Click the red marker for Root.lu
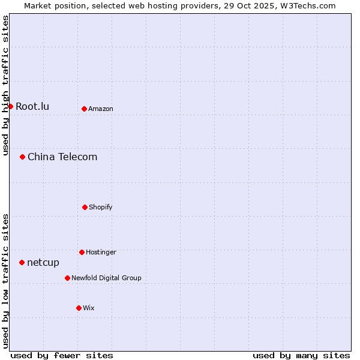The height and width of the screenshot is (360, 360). pos(10,106)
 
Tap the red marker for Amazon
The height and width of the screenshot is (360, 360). pos(84,109)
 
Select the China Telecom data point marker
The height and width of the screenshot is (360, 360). pos(22,157)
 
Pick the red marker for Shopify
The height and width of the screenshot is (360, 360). pos(85,207)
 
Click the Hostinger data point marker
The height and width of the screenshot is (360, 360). pos(82,252)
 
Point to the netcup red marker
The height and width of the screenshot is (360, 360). pos(22,262)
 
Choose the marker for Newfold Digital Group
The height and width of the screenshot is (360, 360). pos(67,278)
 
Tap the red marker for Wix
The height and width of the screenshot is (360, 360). pos(79,308)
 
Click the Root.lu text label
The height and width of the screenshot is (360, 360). pos(32,107)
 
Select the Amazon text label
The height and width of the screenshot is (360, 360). pos(101,109)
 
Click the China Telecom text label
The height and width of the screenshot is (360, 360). pos(62,157)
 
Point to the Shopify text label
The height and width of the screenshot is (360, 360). pos(101,208)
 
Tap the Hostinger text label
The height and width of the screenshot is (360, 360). pos(101,253)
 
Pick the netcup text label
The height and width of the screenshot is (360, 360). pos(43,263)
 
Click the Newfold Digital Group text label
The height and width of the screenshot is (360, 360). pos(106,278)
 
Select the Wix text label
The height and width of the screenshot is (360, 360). pos(89,308)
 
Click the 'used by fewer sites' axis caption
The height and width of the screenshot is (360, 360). pos(62,356)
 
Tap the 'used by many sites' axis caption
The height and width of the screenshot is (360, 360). pos(301,356)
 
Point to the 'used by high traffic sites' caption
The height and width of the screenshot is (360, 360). pos(5,85)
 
